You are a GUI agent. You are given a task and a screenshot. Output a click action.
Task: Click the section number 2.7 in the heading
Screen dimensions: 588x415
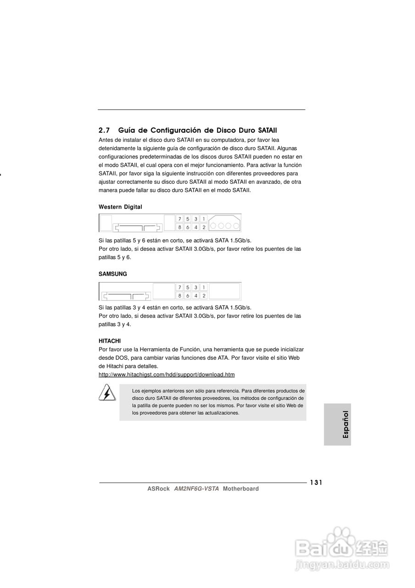(104, 130)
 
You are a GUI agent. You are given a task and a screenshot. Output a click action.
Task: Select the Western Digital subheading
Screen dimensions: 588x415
(120, 207)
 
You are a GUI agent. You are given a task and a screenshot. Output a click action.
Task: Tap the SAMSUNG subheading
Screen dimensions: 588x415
(113, 274)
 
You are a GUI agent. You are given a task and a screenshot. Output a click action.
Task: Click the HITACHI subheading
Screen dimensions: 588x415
(110, 341)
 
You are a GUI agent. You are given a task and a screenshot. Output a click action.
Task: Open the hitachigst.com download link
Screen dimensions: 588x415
(167, 375)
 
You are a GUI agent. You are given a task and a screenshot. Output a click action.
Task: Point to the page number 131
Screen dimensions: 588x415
(316, 482)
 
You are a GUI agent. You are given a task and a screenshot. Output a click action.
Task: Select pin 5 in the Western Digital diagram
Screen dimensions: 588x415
(188, 219)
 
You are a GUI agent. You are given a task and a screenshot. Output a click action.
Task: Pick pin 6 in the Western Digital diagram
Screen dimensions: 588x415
(188, 227)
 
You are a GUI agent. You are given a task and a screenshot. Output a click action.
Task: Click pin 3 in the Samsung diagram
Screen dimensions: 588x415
(196, 287)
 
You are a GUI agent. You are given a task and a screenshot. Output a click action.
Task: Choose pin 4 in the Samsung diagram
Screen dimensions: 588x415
(196, 295)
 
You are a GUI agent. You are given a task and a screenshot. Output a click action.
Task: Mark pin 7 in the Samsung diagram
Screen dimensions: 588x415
(180, 287)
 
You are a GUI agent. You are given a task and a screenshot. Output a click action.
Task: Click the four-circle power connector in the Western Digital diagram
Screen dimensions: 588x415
(224, 225)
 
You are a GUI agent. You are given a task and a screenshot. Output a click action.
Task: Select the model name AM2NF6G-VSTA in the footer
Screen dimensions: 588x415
(196, 489)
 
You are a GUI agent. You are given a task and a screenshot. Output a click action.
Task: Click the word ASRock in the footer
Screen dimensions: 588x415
(158, 489)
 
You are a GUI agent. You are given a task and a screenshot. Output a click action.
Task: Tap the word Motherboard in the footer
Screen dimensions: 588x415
(241, 489)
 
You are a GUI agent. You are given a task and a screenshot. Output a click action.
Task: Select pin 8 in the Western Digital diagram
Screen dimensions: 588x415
(180, 227)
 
